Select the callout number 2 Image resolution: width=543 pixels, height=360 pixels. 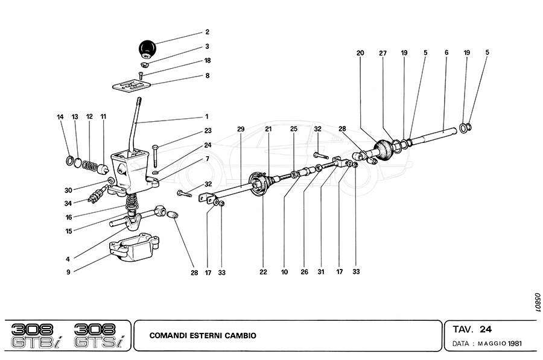point(207,31)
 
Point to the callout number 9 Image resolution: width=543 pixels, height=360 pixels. point(69,272)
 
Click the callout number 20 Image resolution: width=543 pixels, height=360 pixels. point(360,52)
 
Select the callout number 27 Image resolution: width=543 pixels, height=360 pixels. point(383,52)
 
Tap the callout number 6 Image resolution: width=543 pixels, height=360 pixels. point(446,52)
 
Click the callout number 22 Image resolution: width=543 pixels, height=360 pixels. point(263,272)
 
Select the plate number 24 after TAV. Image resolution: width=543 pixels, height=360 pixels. point(486,329)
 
